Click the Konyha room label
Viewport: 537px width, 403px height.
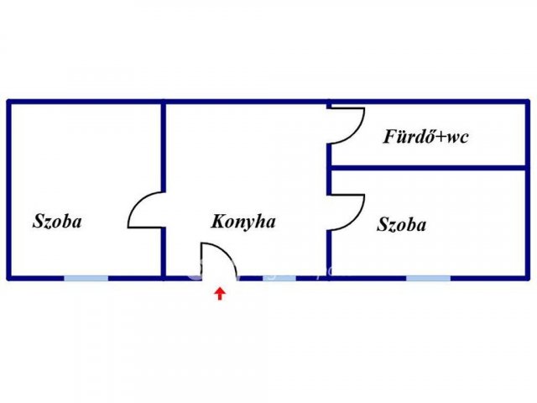[x=243, y=222]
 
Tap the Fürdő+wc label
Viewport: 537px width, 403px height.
[x=425, y=136]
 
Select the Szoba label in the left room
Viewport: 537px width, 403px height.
[x=57, y=221]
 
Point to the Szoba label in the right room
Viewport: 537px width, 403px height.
[x=402, y=225]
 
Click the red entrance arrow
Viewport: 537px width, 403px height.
[x=220, y=294]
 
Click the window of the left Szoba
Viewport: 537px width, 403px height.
[x=86, y=278]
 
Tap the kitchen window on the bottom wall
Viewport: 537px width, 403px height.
[x=279, y=278]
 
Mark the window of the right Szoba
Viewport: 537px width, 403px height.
[x=428, y=278]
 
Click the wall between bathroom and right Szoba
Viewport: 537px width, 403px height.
[x=429, y=168]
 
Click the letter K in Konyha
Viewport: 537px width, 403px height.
[x=218, y=221]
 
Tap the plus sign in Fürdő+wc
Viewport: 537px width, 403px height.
[x=442, y=138]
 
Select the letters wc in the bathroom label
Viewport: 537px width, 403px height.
[x=458, y=138]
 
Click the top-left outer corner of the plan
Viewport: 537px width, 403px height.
[x=8, y=100]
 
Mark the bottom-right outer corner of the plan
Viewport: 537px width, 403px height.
[x=529, y=280]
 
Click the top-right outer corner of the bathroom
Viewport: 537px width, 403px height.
[x=529, y=100]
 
